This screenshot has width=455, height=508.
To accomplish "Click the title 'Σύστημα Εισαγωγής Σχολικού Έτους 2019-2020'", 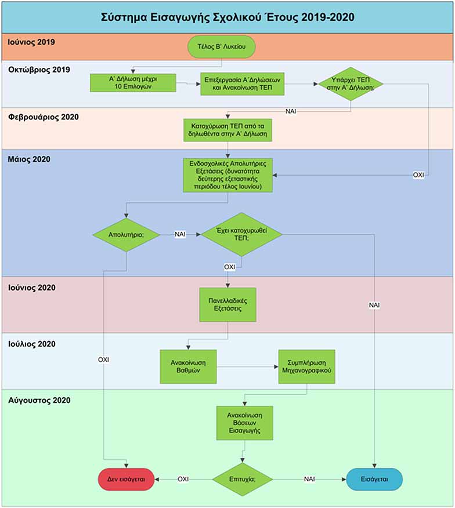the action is click(x=228, y=17).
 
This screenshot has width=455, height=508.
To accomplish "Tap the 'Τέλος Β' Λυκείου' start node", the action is click(x=222, y=46).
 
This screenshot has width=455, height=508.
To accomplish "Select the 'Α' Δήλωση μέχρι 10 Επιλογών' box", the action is click(x=133, y=82).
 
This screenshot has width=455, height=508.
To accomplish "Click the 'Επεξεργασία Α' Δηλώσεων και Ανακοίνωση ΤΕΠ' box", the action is click(x=242, y=84).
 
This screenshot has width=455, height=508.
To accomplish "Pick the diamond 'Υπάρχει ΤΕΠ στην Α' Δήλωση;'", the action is click(x=351, y=84).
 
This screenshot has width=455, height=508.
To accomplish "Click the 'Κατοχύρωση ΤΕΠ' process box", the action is click(x=228, y=130).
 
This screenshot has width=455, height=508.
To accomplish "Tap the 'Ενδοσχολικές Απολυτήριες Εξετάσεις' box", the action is click(x=228, y=175).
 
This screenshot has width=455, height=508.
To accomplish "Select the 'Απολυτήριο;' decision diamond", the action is click(x=126, y=234).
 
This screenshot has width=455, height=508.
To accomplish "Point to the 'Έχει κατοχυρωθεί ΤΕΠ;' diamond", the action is click(x=241, y=234).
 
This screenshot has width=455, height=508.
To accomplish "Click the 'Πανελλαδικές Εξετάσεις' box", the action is click(x=228, y=304).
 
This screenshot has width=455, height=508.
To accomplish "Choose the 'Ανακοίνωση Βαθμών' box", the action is click(x=188, y=367).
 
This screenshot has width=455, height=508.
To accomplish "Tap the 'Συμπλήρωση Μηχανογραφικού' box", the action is click(x=306, y=367).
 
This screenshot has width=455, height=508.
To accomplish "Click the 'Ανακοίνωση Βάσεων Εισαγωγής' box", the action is click(x=244, y=423).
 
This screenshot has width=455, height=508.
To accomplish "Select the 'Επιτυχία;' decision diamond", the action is click(x=242, y=479).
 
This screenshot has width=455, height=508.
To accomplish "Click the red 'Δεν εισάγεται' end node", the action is click(x=126, y=479).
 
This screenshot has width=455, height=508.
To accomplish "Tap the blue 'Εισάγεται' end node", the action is click(x=374, y=479).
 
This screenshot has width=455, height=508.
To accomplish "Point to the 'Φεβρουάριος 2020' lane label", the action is click(x=44, y=117).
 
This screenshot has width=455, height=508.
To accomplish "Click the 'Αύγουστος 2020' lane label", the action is click(x=39, y=401).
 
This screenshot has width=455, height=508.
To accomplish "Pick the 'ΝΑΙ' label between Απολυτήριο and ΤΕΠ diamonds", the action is click(x=180, y=234).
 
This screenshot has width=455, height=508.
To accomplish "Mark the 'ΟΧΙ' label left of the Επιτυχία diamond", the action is click(x=183, y=479).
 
